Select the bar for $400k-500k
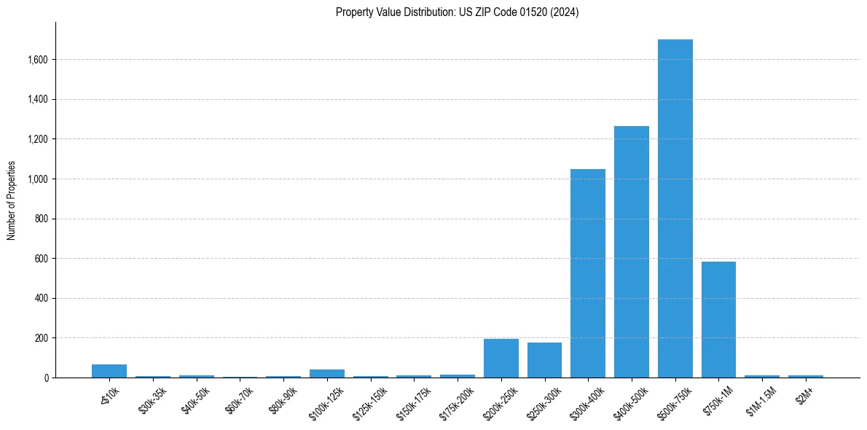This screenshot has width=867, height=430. pos(631,251)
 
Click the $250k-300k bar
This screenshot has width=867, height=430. pos(544,360)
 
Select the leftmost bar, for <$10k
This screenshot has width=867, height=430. pos(109,371)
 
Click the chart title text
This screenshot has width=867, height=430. pos(457,12)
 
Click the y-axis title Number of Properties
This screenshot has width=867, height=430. pos(12,200)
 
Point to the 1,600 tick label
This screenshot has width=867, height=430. pos(37,60)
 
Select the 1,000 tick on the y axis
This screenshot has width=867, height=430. pos(37,179)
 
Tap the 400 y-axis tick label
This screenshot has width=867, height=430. pos(42,299)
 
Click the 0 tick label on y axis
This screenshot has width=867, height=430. pos(47,378)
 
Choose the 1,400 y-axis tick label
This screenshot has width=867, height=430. pos(37,100)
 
